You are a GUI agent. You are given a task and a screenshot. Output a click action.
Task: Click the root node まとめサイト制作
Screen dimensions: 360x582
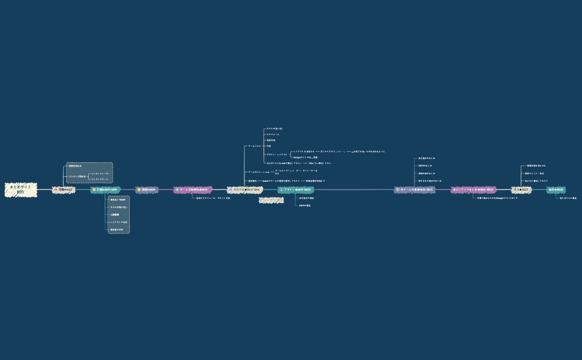point(21,189)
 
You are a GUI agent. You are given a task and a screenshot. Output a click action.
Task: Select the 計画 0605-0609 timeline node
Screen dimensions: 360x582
point(105,189)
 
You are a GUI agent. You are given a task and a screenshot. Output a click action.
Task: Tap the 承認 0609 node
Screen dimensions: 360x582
point(147,189)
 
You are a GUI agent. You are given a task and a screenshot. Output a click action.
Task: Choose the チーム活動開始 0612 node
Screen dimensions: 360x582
point(192,189)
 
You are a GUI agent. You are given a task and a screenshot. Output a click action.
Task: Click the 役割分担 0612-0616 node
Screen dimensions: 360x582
point(244,189)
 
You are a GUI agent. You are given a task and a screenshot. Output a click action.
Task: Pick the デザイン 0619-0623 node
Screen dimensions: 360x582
point(295,189)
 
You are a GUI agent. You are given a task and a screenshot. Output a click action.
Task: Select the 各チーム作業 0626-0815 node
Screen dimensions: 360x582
point(415,189)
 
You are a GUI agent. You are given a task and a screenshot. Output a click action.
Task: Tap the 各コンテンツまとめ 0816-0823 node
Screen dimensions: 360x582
point(473,189)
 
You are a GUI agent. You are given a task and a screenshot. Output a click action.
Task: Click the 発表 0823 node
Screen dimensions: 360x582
point(521,189)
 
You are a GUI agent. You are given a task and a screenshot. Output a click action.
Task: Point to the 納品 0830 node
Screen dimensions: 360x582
point(556,189)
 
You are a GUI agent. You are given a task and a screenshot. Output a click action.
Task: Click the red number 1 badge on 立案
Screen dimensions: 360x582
point(56,189)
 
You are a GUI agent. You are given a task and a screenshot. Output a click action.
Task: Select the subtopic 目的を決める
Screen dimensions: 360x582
point(75,166)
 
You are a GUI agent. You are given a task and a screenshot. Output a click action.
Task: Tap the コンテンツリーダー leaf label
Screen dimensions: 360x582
point(100,174)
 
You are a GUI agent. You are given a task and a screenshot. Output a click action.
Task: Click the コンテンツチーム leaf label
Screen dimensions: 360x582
point(100,179)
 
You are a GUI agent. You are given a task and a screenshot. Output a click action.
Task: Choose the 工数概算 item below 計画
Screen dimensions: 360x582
point(115,214)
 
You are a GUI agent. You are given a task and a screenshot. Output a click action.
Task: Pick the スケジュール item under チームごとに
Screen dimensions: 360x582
point(273,135)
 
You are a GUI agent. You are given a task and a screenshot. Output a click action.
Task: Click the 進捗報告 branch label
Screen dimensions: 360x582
point(252,181)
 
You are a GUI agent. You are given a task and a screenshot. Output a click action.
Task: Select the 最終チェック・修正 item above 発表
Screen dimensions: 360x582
point(534,173)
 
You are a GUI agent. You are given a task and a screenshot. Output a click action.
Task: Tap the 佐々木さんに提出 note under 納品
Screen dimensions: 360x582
point(568,198)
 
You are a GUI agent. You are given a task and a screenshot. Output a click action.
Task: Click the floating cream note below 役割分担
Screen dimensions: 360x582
point(272,200)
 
